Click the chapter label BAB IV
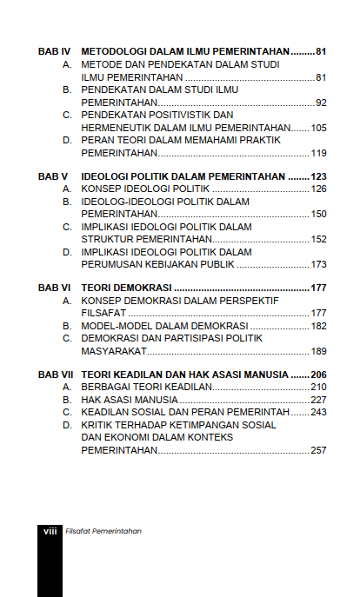(x=54, y=52)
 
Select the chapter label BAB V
(x=53, y=176)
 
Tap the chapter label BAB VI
(x=54, y=288)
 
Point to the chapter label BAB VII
(x=56, y=374)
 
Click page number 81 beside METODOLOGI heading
(x=320, y=52)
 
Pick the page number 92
(x=321, y=103)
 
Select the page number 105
(x=318, y=128)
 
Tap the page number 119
(x=318, y=153)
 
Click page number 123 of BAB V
(x=318, y=176)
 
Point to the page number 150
(x=318, y=214)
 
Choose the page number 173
(x=318, y=264)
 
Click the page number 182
(x=318, y=326)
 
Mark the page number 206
(x=318, y=374)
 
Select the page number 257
(x=318, y=450)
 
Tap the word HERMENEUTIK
(x=116, y=128)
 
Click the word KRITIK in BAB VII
(x=98, y=425)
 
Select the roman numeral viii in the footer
(x=50, y=530)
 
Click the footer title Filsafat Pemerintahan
(x=103, y=530)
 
